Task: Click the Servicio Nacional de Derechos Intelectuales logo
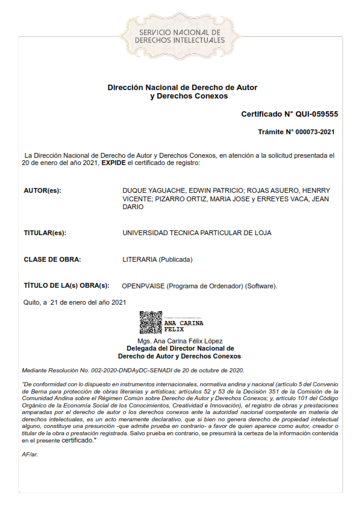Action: point(179,35)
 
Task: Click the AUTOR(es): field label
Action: point(42,191)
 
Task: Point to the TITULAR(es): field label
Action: point(45,233)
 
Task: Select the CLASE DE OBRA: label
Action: point(52,259)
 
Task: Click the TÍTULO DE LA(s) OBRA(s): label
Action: point(67,285)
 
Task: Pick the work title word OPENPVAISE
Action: point(143,285)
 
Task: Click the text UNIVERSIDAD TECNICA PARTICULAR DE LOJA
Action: point(197,233)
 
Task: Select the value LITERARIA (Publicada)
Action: point(157,259)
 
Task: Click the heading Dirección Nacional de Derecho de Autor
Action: point(182,88)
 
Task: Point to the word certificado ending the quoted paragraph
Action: point(77,440)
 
